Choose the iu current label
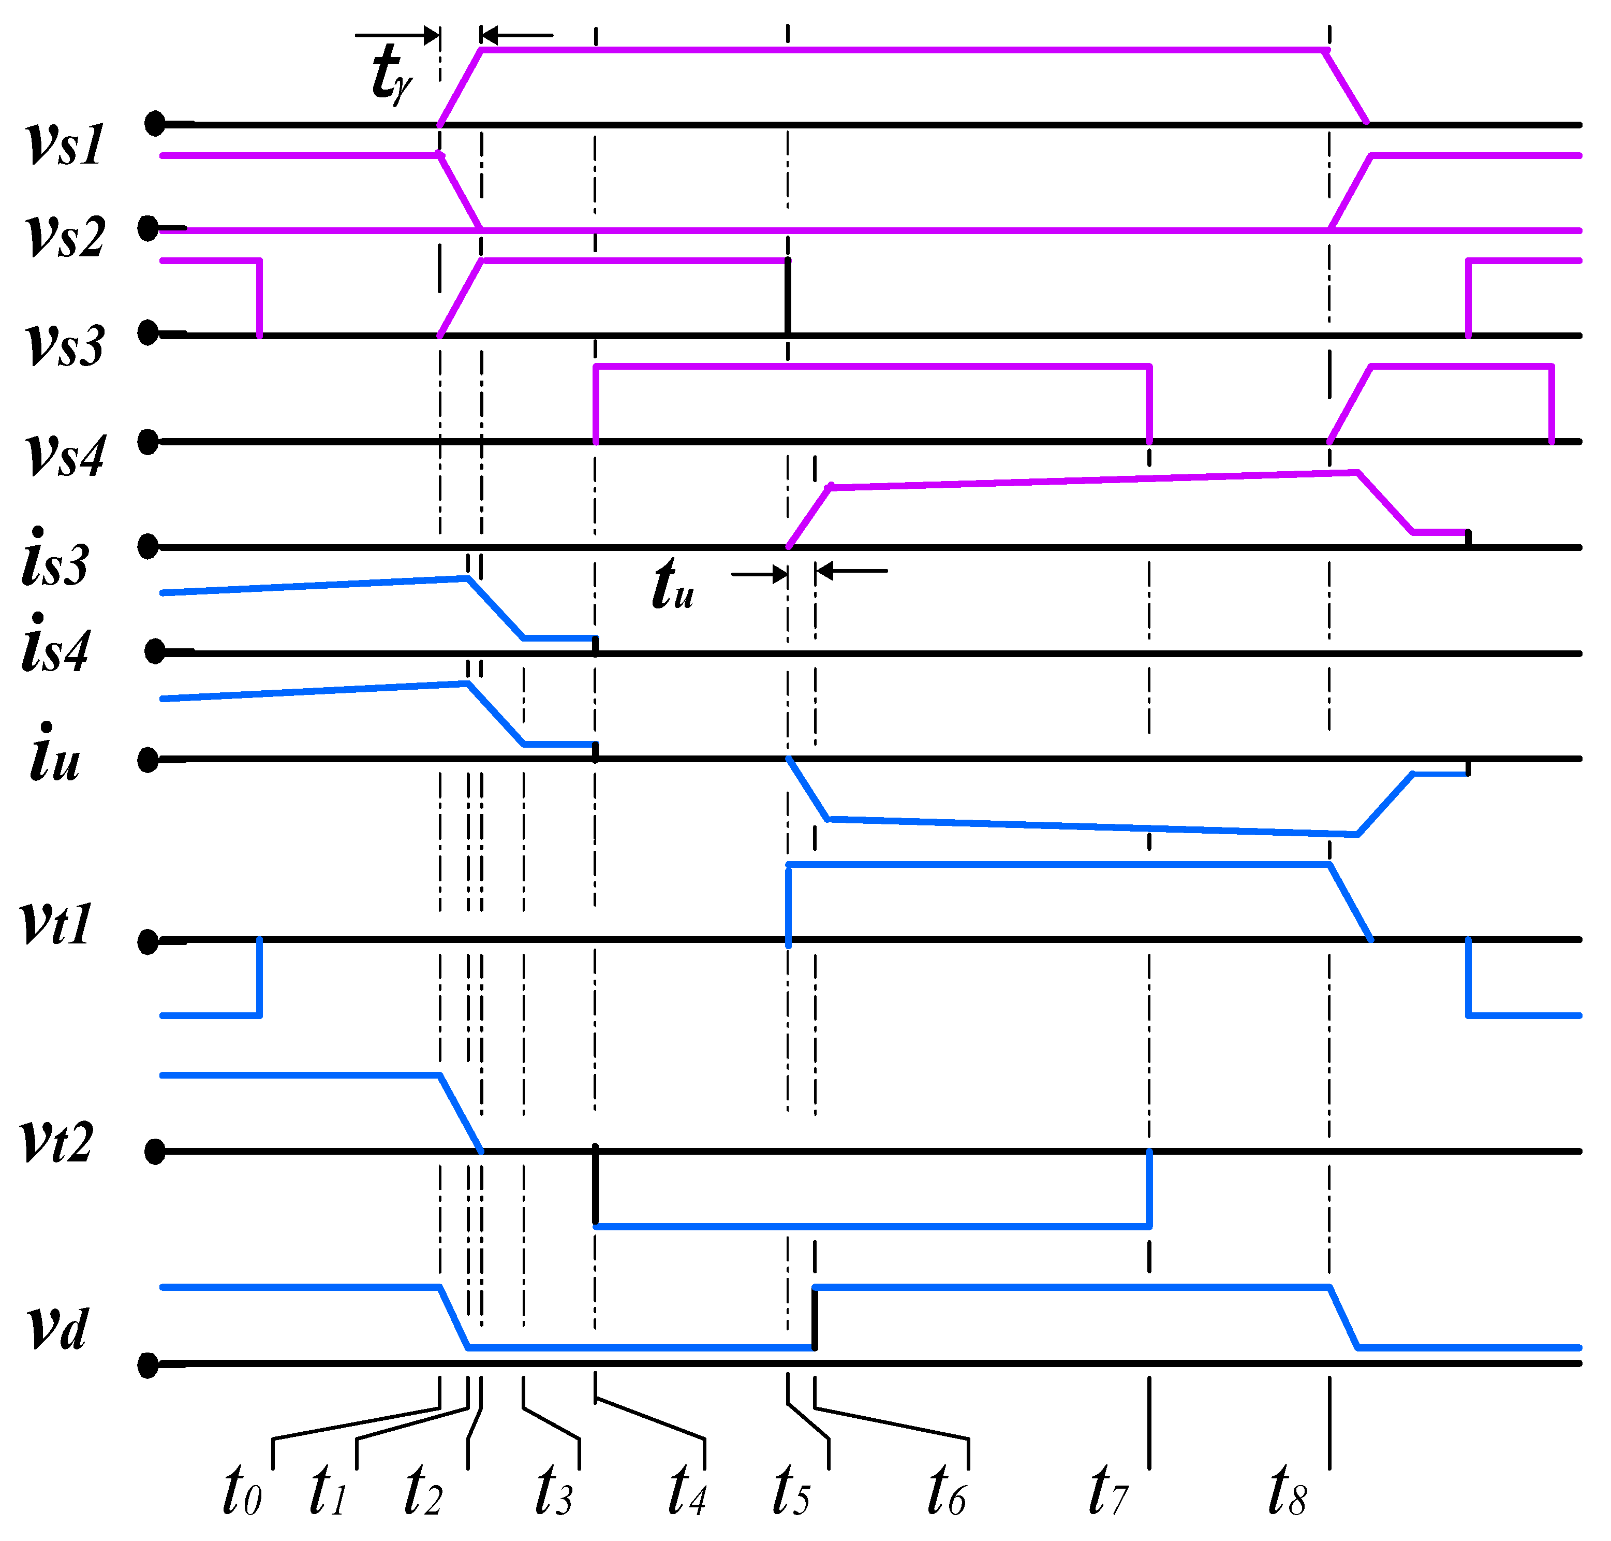pos(55,753)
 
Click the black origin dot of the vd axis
pos(148,1365)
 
